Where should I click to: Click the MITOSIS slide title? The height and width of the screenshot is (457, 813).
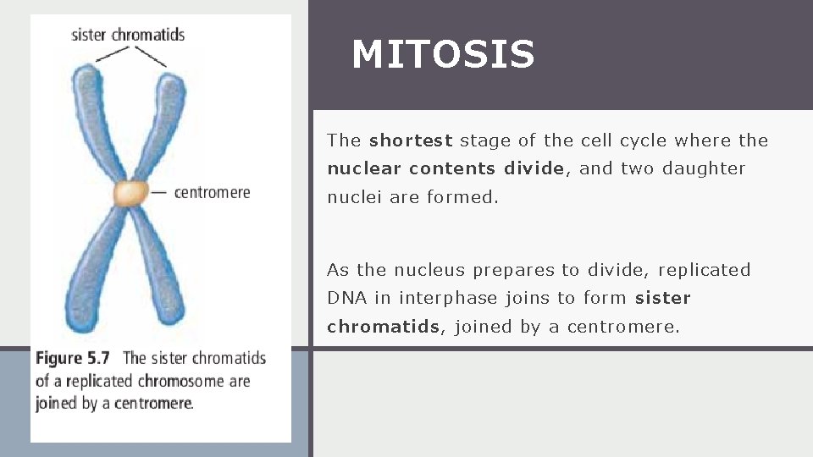click(x=443, y=55)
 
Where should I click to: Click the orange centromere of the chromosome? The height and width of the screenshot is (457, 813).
click(x=131, y=193)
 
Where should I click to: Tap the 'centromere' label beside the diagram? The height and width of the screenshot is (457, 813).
click(x=212, y=192)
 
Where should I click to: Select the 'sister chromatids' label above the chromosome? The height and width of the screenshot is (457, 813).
click(x=128, y=35)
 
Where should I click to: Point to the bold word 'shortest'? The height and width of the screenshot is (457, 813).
click(x=411, y=140)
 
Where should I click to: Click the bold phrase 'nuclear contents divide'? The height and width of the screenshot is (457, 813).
click(x=445, y=168)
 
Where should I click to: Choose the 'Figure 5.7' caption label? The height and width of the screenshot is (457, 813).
click(x=72, y=359)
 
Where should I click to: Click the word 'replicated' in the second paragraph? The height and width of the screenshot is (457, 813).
click(x=704, y=270)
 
